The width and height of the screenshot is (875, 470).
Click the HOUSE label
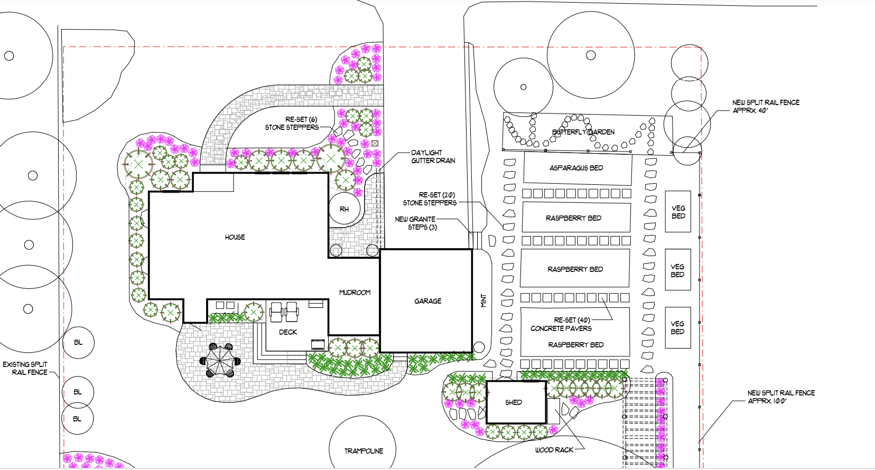pyautogui.click(x=235, y=237)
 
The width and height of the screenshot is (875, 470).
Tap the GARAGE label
pyautogui.click(x=427, y=301)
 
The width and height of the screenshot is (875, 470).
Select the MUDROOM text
pyautogui.click(x=355, y=293)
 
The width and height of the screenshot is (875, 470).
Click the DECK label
pyautogui.click(x=288, y=332)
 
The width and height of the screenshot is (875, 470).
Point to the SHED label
pyautogui.click(x=513, y=402)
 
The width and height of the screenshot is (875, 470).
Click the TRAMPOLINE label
pyautogui.click(x=364, y=451)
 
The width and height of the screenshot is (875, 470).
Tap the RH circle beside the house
pyautogui.click(x=344, y=209)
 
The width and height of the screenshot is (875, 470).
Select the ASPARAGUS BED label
pyautogui.click(x=576, y=168)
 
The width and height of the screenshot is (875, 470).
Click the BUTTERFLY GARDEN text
pyautogui.click(x=583, y=132)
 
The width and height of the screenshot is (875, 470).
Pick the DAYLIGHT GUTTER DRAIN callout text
pyautogui.click(x=433, y=156)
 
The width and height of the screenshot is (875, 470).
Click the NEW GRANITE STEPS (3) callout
pyautogui.click(x=416, y=223)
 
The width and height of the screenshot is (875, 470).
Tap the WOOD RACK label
pyautogui.click(x=554, y=450)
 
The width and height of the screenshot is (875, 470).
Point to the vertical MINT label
pyautogui.click(x=483, y=301)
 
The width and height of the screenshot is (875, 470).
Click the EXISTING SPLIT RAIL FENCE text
pyautogui.click(x=25, y=368)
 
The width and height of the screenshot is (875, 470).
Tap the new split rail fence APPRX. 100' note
pyautogui.click(x=780, y=397)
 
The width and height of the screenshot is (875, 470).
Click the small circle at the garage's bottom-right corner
pyautogui.click(x=479, y=347)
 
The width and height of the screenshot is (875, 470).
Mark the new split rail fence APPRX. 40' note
pyautogui.click(x=765, y=106)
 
